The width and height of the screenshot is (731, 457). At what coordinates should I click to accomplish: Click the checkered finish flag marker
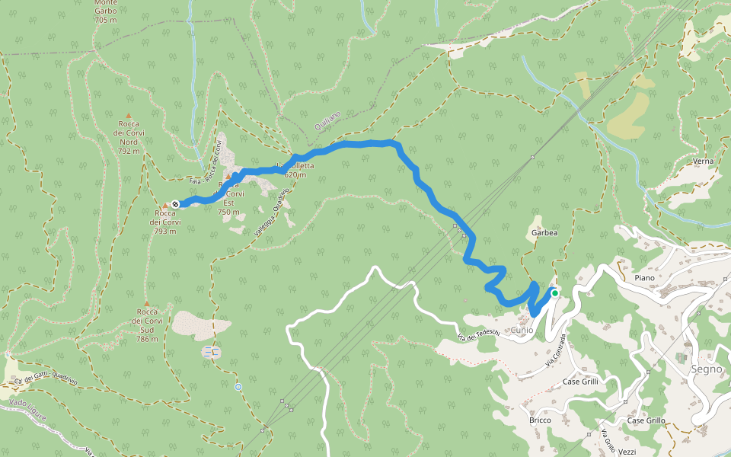pyautogui.click(x=176, y=203)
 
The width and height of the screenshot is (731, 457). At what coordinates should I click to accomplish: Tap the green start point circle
pyautogui.click(x=555, y=292)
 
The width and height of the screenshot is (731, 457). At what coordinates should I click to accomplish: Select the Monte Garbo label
pyautogui.click(x=105, y=11)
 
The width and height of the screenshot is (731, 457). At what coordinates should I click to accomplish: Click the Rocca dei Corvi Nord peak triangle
pyautogui.click(x=128, y=116)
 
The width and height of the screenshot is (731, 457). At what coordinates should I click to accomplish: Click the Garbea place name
pyautogui.click(x=544, y=233)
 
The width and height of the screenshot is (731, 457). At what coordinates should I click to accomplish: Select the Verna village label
pyautogui.click(x=703, y=161)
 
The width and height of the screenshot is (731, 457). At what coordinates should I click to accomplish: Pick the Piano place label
pyautogui.click(x=644, y=278)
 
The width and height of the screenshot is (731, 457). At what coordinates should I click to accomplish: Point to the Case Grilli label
pyautogui.click(x=581, y=381)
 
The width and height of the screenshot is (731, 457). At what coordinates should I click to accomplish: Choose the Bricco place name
pyautogui.click(x=539, y=420)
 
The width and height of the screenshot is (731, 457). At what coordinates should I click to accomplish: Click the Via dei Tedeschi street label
pyautogui.click(x=478, y=333)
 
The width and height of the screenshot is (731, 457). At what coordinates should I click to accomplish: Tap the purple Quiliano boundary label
pyautogui.click(x=327, y=120)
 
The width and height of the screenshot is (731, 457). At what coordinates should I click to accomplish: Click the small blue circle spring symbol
pyautogui.click(x=238, y=387)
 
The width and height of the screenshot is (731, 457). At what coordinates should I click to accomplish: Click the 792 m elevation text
pyautogui.click(x=129, y=151)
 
